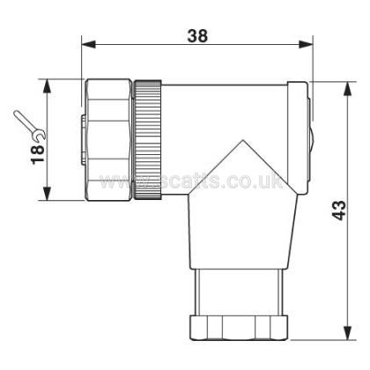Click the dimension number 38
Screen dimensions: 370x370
(197, 36)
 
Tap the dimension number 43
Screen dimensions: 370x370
(339, 211)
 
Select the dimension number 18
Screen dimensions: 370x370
(38, 154)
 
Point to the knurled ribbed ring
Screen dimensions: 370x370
(147, 140)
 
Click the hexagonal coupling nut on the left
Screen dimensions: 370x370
(107, 140)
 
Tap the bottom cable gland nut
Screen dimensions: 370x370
(239, 328)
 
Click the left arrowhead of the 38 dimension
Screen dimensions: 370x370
(88, 45)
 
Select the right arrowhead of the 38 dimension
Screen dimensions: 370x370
(306, 45)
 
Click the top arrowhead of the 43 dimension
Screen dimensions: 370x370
(348, 89)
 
